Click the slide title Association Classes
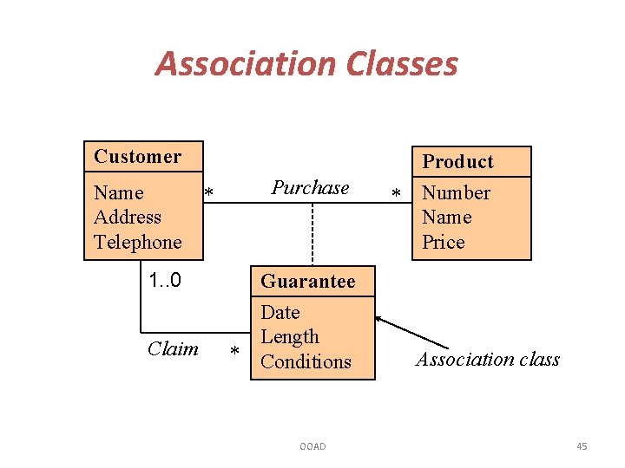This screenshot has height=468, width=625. click(x=306, y=63)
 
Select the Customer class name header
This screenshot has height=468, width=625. click(x=138, y=157)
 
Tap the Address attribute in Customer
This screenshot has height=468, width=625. click(x=128, y=217)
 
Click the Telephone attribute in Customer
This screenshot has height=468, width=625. click(x=138, y=242)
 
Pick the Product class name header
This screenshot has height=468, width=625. click(x=457, y=162)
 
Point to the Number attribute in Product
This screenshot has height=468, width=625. click(x=456, y=192)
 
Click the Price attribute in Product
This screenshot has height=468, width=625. click(x=444, y=242)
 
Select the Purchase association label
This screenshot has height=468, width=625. click(x=310, y=188)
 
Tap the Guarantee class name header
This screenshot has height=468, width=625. click(x=308, y=282)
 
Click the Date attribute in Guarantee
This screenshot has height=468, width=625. click(x=280, y=312)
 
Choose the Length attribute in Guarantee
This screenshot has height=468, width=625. click(x=290, y=336)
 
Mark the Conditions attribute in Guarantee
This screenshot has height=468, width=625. click(x=306, y=361)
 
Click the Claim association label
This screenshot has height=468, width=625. click(x=173, y=348)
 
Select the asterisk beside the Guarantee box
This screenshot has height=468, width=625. click(x=234, y=352)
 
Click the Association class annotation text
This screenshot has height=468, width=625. click(x=488, y=360)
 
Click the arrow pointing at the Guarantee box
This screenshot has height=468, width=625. click(x=408, y=334)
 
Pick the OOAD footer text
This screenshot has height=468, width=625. click(x=312, y=446)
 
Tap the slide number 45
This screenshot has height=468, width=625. click(x=582, y=446)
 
